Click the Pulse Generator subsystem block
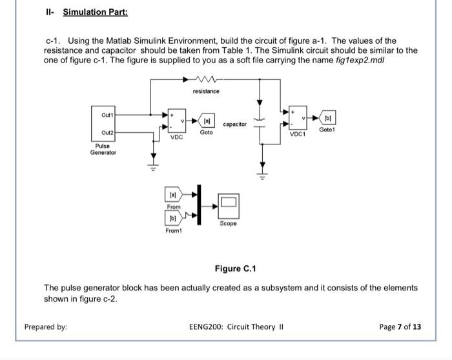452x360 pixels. [x=103, y=124]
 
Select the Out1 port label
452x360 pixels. [x=107, y=115]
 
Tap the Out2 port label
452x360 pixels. [x=107, y=132]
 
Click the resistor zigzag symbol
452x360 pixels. [x=206, y=79]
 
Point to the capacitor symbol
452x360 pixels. [x=260, y=123]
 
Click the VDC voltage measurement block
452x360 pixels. [x=177, y=121]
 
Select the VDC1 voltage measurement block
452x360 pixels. [x=298, y=118]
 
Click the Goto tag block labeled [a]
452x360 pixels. [x=206, y=121]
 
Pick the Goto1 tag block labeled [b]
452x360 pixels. [x=327, y=117]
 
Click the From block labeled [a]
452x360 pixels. [x=174, y=194]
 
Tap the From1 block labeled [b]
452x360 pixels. [x=174, y=218]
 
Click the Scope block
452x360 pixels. [x=229, y=206]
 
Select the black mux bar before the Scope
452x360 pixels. [x=199, y=205]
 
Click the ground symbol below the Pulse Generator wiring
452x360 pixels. [x=154, y=167]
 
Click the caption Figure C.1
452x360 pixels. [x=235, y=268]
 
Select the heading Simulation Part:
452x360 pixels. [x=96, y=12]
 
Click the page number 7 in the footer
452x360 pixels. [x=400, y=327]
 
